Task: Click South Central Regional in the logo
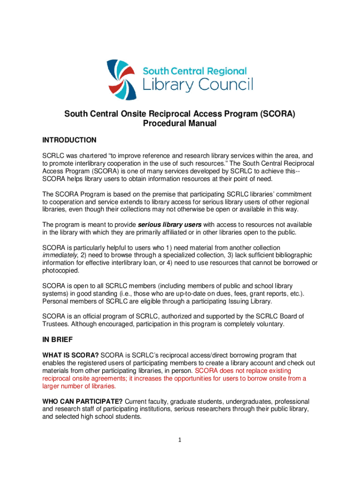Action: (x=194, y=71)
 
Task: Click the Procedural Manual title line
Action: (x=180, y=124)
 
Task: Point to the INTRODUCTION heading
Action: (x=70, y=140)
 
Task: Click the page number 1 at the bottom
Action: (x=180, y=439)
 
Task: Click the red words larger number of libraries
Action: (x=79, y=386)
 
